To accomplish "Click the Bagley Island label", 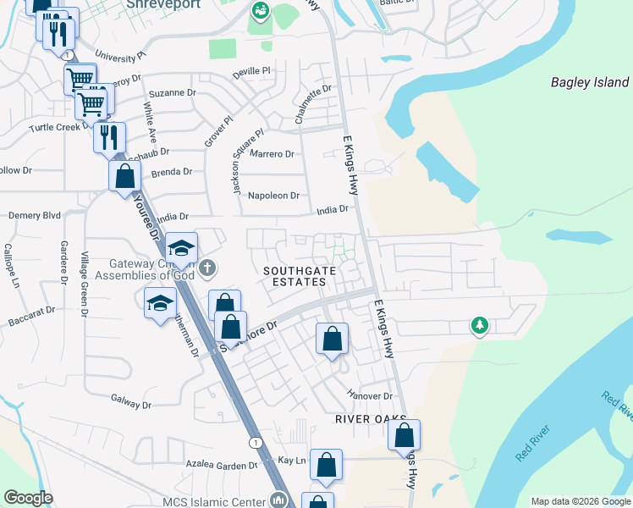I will pos(590,83).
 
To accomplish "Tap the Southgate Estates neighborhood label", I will pos(294,276).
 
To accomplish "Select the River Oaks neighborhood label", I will pos(371,419).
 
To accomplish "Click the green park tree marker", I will pos(479,325).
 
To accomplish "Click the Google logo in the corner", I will pos(28,498).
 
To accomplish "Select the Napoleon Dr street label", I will pos(273,196).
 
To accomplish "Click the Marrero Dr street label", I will pos(272,154).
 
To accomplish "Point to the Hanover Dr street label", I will pos(371,395).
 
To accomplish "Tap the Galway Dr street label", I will pos(130,405).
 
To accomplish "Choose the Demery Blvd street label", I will pos(35,216).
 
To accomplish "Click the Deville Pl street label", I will pos(250,72).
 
